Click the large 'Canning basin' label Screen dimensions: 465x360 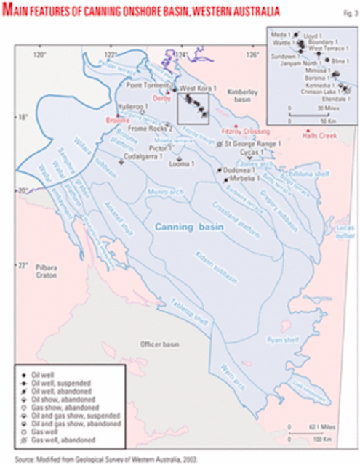(187, 228)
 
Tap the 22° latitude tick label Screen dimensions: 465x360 (23, 264)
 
